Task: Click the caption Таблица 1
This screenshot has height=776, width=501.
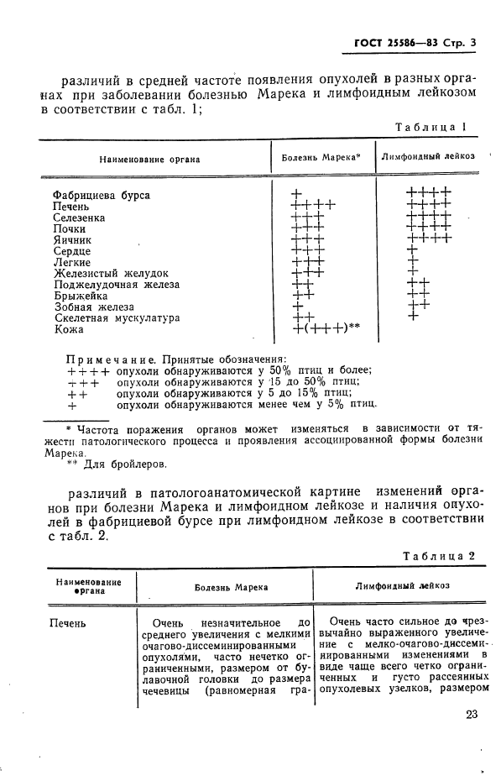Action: click(x=430, y=127)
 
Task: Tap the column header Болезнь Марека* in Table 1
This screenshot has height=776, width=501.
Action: click(x=321, y=157)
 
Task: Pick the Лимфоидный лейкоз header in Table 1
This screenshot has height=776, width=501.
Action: click(x=428, y=157)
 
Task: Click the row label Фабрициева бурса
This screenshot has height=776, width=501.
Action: click(x=102, y=195)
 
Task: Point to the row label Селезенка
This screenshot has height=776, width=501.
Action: click(x=79, y=218)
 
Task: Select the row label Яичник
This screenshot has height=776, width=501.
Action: click(x=71, y=240)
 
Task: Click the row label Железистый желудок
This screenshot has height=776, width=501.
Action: click(x=111, y=274)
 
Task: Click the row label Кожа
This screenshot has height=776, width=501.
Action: click(x=68, y=330)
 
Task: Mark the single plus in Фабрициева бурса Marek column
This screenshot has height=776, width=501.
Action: click(x=296, y=195)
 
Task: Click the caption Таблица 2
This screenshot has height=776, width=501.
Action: click(x=439, y=556)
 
